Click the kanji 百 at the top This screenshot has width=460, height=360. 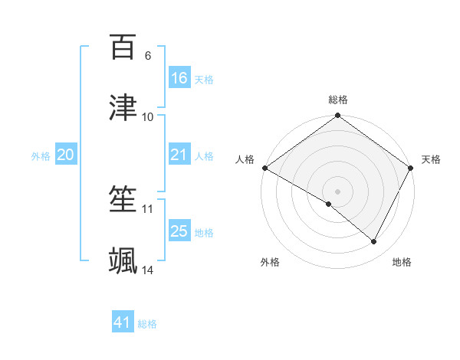click(x=123, y=47)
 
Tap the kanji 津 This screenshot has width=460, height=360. click(x=123, y=108)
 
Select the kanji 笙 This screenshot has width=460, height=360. click(x=123, y=200)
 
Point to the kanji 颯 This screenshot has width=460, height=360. click(x=123, y=260)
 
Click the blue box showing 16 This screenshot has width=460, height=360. click(x=179, y=78)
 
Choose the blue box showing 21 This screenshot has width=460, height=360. click(x=179, y=155)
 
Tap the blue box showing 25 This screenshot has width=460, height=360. click(x=179, y=231)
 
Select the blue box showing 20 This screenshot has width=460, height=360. click(x=66, y=155)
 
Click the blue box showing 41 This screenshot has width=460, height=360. click(x=123, y=322)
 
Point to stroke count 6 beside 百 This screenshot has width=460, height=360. click(x=148, y=56)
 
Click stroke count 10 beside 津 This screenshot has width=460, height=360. click(x=148, y=116)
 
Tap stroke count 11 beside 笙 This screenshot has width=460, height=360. click(x=148, y=208)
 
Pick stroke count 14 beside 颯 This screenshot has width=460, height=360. click(x=148, y=270)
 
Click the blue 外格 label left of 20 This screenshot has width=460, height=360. click(x=41, y=156)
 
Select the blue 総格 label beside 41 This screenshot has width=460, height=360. click(x=147, y=324)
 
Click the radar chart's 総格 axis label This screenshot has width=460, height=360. click(x=338, y=100)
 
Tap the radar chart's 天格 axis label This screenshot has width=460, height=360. click(x=432, y=159)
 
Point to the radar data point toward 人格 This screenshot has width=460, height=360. click(x=264, y=168)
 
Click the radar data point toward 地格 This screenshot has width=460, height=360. click(x=374, y=242)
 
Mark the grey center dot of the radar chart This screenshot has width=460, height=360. click(x=338, y=191)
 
